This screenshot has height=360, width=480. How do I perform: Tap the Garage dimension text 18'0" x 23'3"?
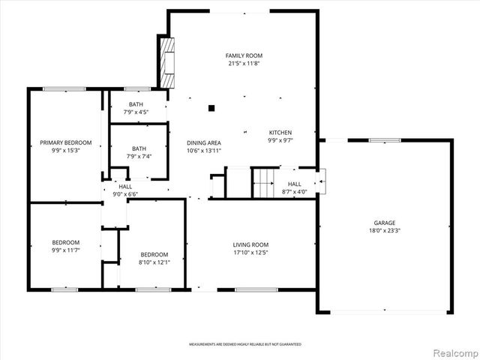[x=385, y=231]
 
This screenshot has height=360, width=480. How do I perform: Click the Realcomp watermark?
[x=454, y=351]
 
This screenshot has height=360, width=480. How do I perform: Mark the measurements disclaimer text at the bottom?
[x=245, y=344]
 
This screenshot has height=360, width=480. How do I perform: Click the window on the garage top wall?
[x=384, y=139]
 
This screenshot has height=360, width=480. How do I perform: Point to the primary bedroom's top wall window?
[x=64, y=89]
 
